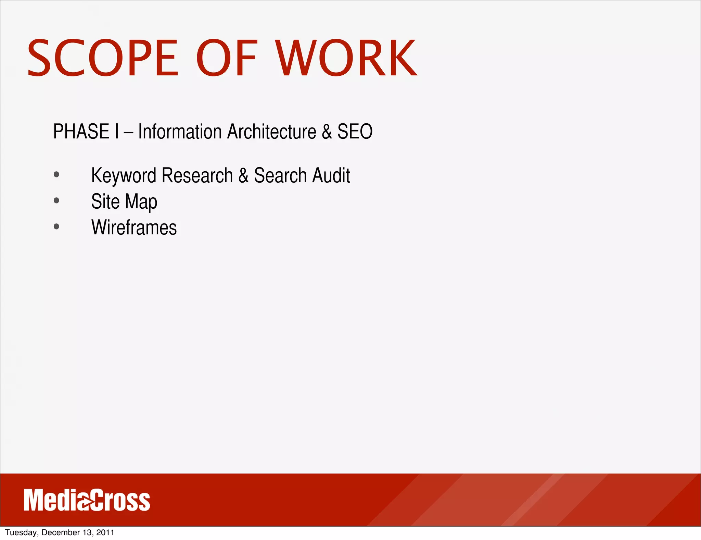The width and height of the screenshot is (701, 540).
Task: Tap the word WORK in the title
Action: click(346, 58)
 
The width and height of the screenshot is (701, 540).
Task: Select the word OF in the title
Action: click(226, 58)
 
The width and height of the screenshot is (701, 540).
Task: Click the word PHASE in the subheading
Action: click(81, 132)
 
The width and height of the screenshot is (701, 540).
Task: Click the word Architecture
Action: click(272, 132)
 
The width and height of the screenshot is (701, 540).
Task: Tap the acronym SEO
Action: click(355, 132)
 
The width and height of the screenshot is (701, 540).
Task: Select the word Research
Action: click(197, 175)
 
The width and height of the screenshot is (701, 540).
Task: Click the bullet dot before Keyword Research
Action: click(56, 175)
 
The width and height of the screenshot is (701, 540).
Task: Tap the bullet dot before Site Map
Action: click(56, 201)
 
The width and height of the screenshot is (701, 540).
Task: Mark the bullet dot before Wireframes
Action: click(56, 226)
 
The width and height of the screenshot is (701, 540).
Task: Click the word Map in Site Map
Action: click(141, 202)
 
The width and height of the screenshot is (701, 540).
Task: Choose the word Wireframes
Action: click(134, 228)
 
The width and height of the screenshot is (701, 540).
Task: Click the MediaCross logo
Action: click(87, 500)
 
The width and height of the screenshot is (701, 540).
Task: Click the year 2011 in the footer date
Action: click(105, 532)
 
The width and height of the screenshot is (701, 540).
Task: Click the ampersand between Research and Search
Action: click(243, 175)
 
